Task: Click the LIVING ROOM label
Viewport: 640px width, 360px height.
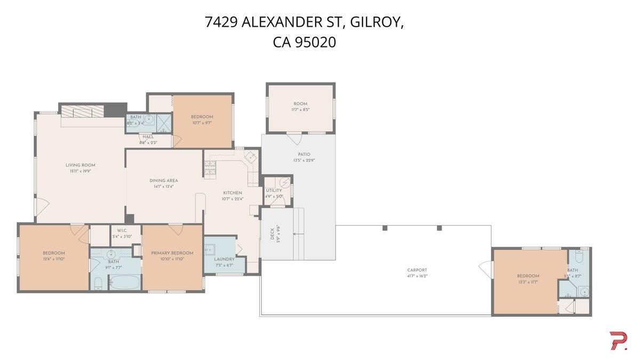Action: (81, 165)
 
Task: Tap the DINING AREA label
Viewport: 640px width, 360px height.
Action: (164, 181)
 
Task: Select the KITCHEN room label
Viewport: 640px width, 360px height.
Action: (232, 193)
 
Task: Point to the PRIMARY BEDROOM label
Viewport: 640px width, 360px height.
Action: (172, 253)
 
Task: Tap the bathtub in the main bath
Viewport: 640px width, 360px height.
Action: (125, 282)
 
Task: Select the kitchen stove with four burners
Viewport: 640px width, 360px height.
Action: (209, 169)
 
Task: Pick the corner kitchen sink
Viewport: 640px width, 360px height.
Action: (250, 158)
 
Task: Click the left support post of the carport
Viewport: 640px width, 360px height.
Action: (385, 228)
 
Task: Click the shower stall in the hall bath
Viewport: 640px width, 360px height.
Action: (164, 124)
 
